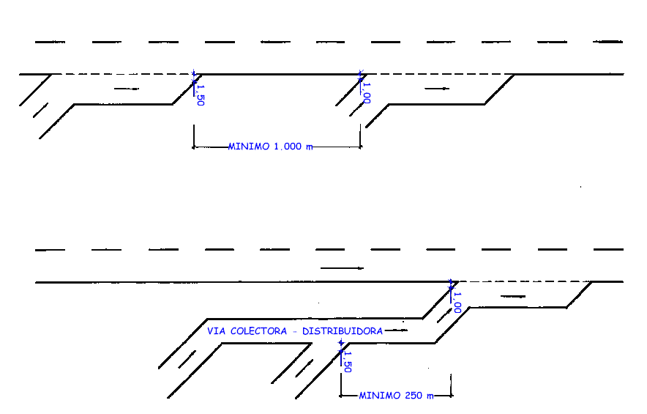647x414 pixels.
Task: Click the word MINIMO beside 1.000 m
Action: [249, 147]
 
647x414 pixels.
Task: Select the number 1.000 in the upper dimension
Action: [287, 147]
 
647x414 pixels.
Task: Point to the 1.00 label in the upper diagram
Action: [367, 92]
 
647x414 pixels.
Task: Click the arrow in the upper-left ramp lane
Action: [126, 89]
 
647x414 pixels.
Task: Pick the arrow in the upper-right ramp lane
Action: [438, 89]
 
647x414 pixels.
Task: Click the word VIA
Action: [216, 331]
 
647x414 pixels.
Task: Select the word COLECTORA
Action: [256, 331]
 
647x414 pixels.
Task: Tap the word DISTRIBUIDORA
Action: [343, 331]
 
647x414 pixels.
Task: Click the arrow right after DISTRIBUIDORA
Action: [396, 331]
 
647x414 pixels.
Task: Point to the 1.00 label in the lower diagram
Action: [458, 302]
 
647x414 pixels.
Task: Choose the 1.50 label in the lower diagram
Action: [347, 361]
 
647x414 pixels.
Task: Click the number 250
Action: [413, 396]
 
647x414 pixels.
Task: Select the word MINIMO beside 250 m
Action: [379, 396]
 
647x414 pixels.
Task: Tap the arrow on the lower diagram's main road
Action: [342, 268]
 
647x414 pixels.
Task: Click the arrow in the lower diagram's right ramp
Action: [512, 296]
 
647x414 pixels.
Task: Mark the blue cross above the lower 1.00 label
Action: [451, 281]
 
